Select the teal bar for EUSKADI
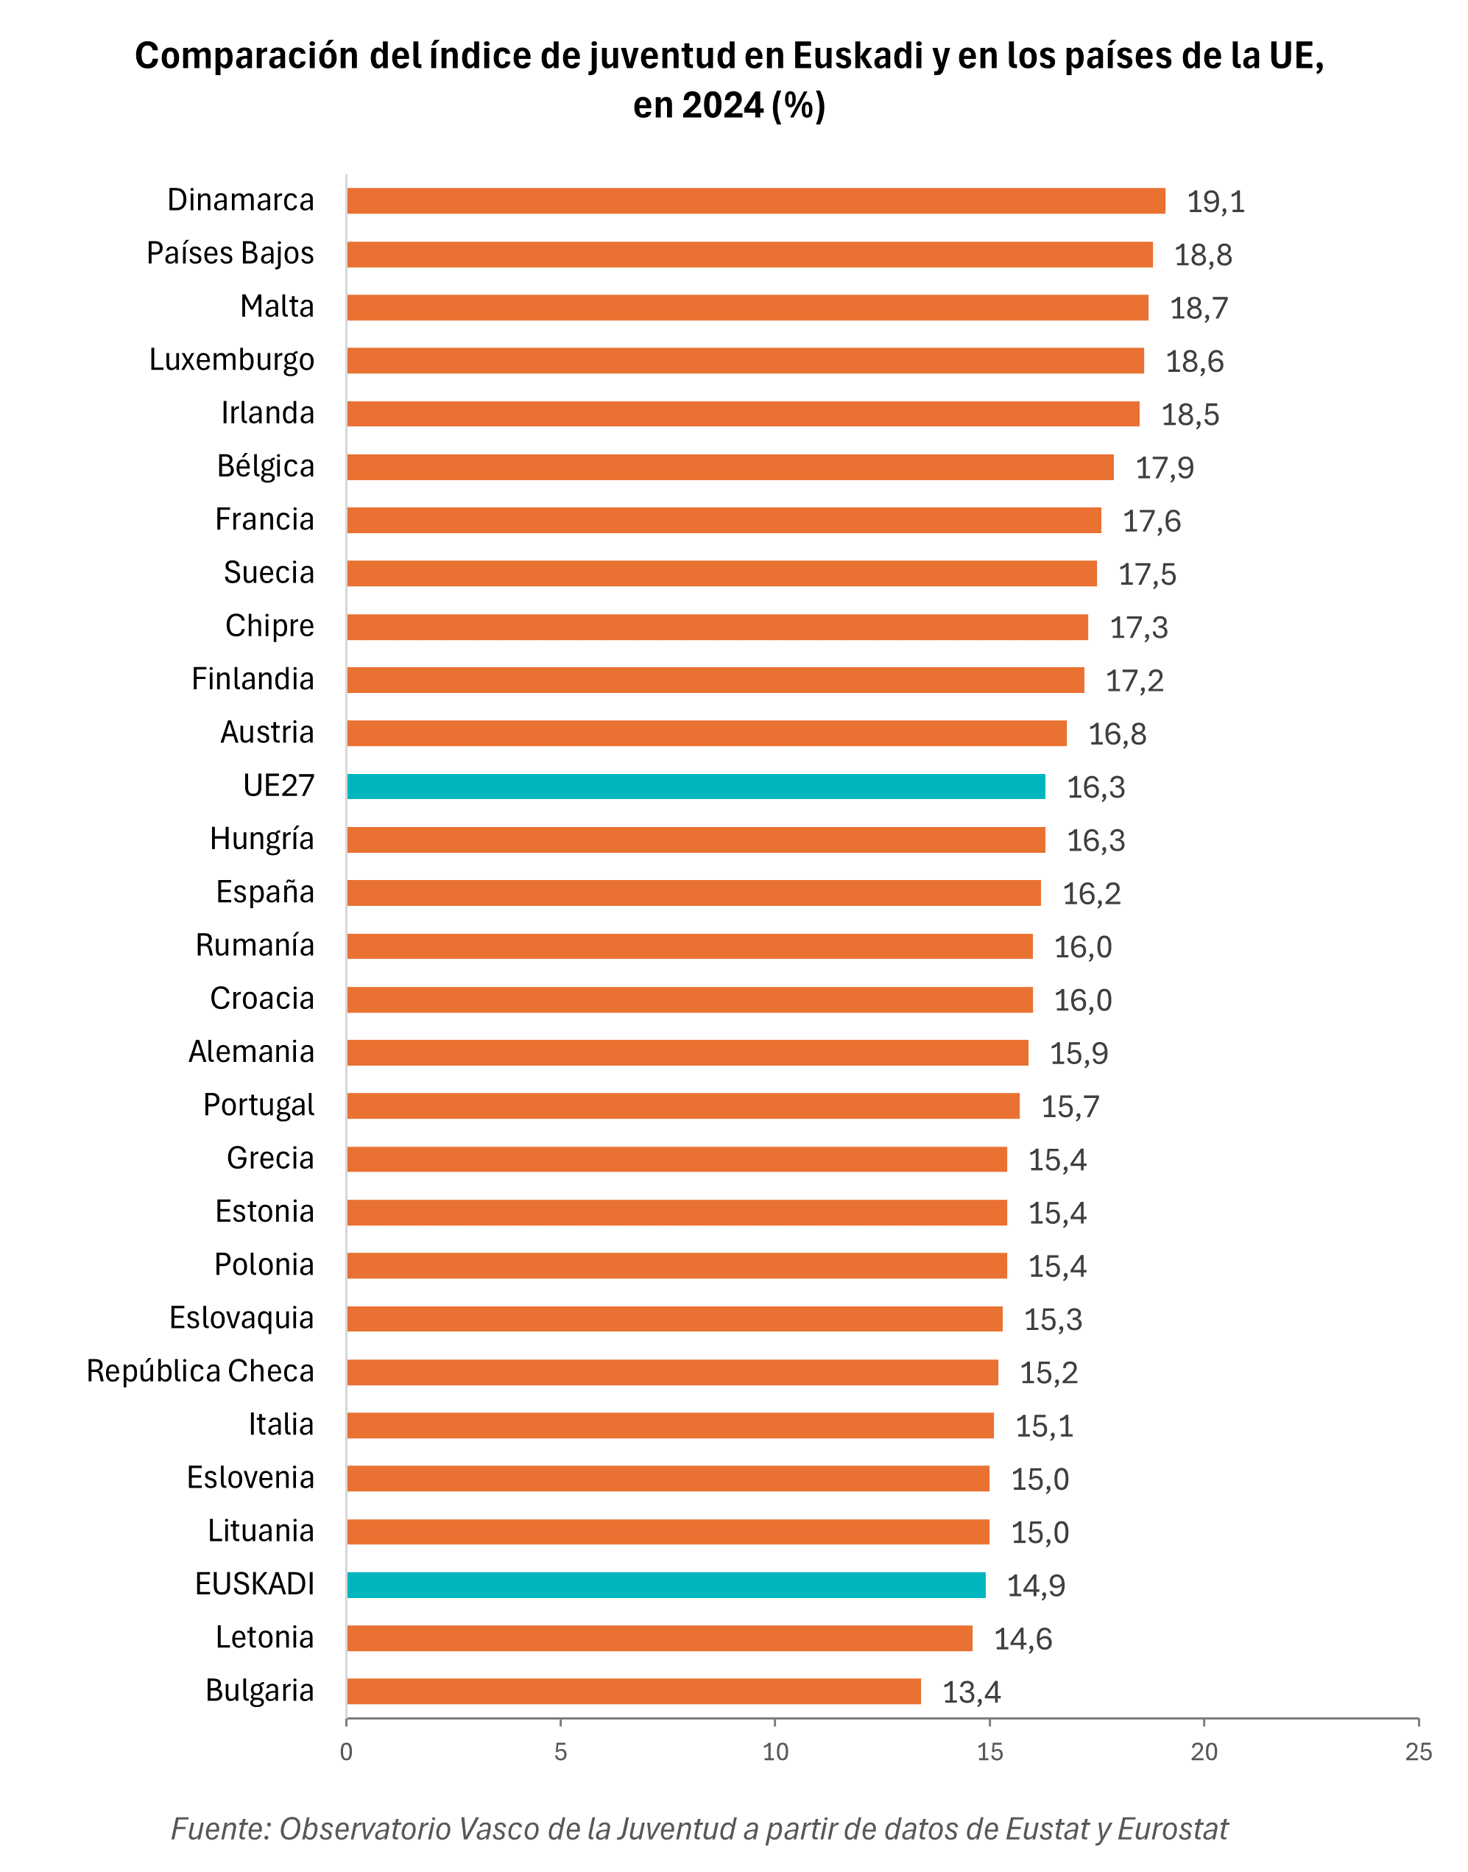pyautogui.click(x=666, y=1585)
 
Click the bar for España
pyautogui.click(x=693, y=893)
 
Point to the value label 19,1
pyautogui.click(x=1215, y=202)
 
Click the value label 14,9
pyautogui.click(x=1035, y=1586)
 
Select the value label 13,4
pyautogui.click(x=970, y=1692)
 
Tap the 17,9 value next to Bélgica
pyautogui.click(x=1164, y=468)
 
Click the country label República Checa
pyautogui.click(x=200, y=1372)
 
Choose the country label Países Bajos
pyautogui.click(x=230, y=253)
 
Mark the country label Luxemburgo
pyautogui.click(x=231, y=360)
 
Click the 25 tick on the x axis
pyautogui.click(x=1418, y=1753)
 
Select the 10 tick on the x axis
pyautogui.click(x=774, y=1753)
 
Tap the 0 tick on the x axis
pyautogui.click(x=346, y=1753)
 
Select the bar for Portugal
pyautogui.click(x=682, y=1106)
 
